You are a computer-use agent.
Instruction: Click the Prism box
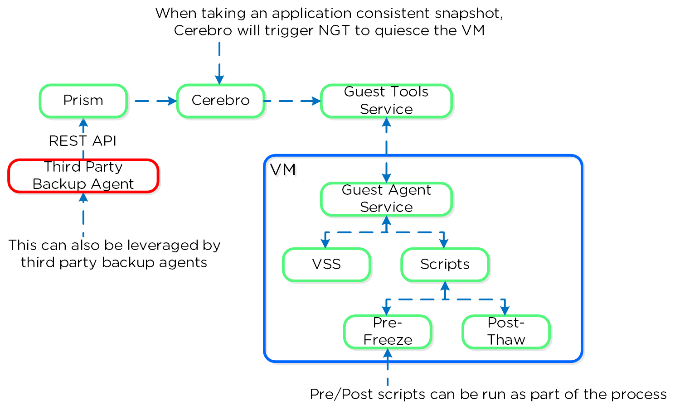pyautogui.click(x=83, y=101)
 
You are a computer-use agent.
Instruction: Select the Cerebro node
pyautogui.click(x=220, y=101)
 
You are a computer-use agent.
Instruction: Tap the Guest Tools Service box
pyautogui.click(x=386, y=101)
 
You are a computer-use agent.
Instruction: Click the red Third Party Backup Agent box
pyautogui.click(x=83, y=176)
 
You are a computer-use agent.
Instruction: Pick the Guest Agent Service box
pyautogui.click(x=386, y=199)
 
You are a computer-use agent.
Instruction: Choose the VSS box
pyautogui.click(x=326, y=265)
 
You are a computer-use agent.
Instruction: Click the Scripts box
pyautogui.click(x=445, y=265)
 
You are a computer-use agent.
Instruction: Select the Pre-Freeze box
pyautogui.click(x=388, y=332)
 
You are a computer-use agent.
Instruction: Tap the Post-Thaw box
pyautogui.click(x=506, y=332)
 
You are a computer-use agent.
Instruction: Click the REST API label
pyautogui.click(x=83, y=141)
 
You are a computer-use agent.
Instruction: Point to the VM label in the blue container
pyautogui.click(x=283, y=170)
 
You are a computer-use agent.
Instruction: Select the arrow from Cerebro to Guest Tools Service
pyautogui.click(x=292, y=101)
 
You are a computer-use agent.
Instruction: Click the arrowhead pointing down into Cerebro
pyautogui.click(x=219, y=80)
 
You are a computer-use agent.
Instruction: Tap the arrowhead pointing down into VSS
pyautogui.click(x=325, y=244)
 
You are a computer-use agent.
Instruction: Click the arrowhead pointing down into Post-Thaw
pyautogui.click(x=505, y=311)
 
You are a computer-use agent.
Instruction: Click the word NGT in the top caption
pyautogui.click(x=335, y=31)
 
